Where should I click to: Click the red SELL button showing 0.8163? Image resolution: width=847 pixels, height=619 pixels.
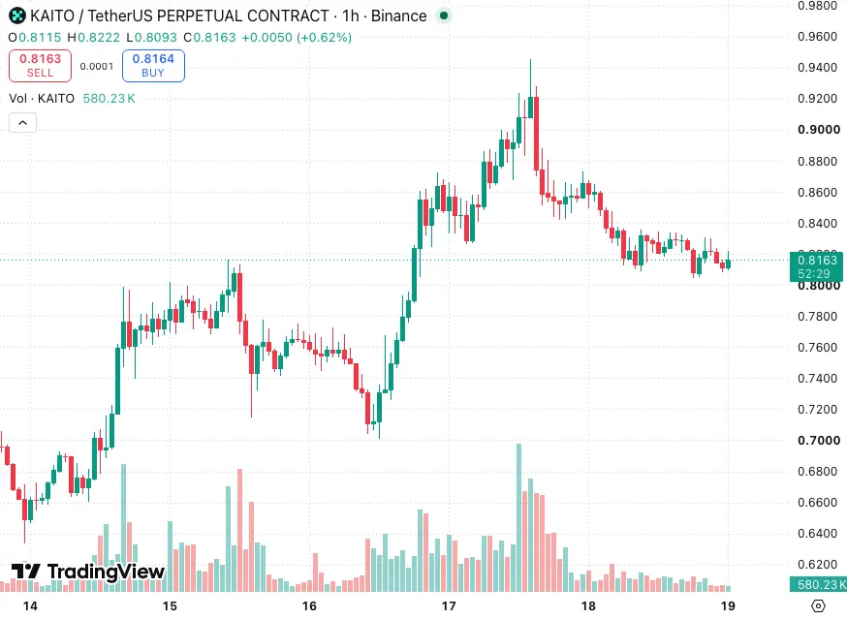coord(40,66)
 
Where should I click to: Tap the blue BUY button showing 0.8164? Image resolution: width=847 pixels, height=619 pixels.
coord(153,66)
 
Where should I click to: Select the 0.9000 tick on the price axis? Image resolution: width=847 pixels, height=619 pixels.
coord(818,130)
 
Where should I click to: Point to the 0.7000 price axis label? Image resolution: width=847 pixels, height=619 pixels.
coord(818,441)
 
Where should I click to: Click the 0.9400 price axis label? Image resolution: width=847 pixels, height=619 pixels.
coord(817,68)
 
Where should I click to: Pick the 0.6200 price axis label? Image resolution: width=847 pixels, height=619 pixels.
coord(817,565)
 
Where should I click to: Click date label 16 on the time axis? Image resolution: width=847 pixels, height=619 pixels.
coord(309,606)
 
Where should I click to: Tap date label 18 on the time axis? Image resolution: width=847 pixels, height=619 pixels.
coord(588,606)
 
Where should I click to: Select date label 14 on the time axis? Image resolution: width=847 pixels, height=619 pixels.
coord(30,606)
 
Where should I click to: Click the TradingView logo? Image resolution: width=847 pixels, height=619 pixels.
coord(88,572)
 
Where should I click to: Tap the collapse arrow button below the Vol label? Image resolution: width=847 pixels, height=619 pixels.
coord(22,123)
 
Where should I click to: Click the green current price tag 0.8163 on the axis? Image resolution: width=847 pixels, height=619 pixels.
coord(816,266)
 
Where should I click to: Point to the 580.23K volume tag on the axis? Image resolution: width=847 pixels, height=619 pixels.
coord(818,584)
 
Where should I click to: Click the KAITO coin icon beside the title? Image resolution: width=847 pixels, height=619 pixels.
coord(17,16)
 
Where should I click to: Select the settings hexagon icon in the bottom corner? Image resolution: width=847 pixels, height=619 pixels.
coord(818,606)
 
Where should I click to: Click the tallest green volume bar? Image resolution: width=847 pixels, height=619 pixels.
coord(519,517)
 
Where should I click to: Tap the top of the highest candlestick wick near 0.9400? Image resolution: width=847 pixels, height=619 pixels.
coord(530,59)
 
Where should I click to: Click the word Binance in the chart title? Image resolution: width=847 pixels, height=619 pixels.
coord(398,16)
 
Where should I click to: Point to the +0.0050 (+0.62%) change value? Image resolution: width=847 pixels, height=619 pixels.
coord(297,37)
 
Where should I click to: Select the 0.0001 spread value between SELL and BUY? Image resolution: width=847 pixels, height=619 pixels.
coord(97,67)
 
